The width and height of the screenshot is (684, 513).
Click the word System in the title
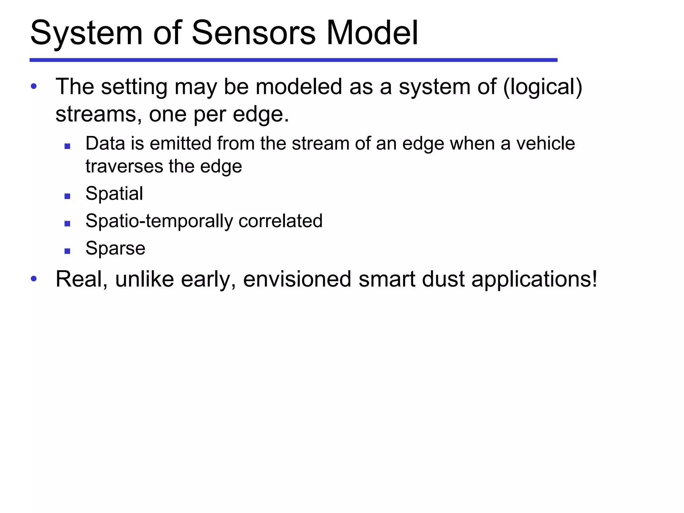click(x=87, y=33)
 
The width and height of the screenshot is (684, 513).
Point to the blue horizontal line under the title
click(x=293, y=60)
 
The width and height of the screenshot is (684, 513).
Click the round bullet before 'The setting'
click(x=34, y=87)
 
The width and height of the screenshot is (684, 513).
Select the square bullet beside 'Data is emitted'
click(x=67, y=146)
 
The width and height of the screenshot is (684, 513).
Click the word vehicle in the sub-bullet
click(x=545, y=144)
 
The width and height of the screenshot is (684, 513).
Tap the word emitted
click(x=181, y=144)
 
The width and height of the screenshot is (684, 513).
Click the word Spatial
click(x=114, y=194)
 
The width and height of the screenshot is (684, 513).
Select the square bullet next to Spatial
click(x=67, y=196)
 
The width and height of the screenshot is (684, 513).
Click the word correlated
click(x=280, y=221)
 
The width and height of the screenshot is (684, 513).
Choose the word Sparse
click(x=115, y=249)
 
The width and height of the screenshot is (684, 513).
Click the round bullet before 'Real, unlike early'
click(x=34, y=279)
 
